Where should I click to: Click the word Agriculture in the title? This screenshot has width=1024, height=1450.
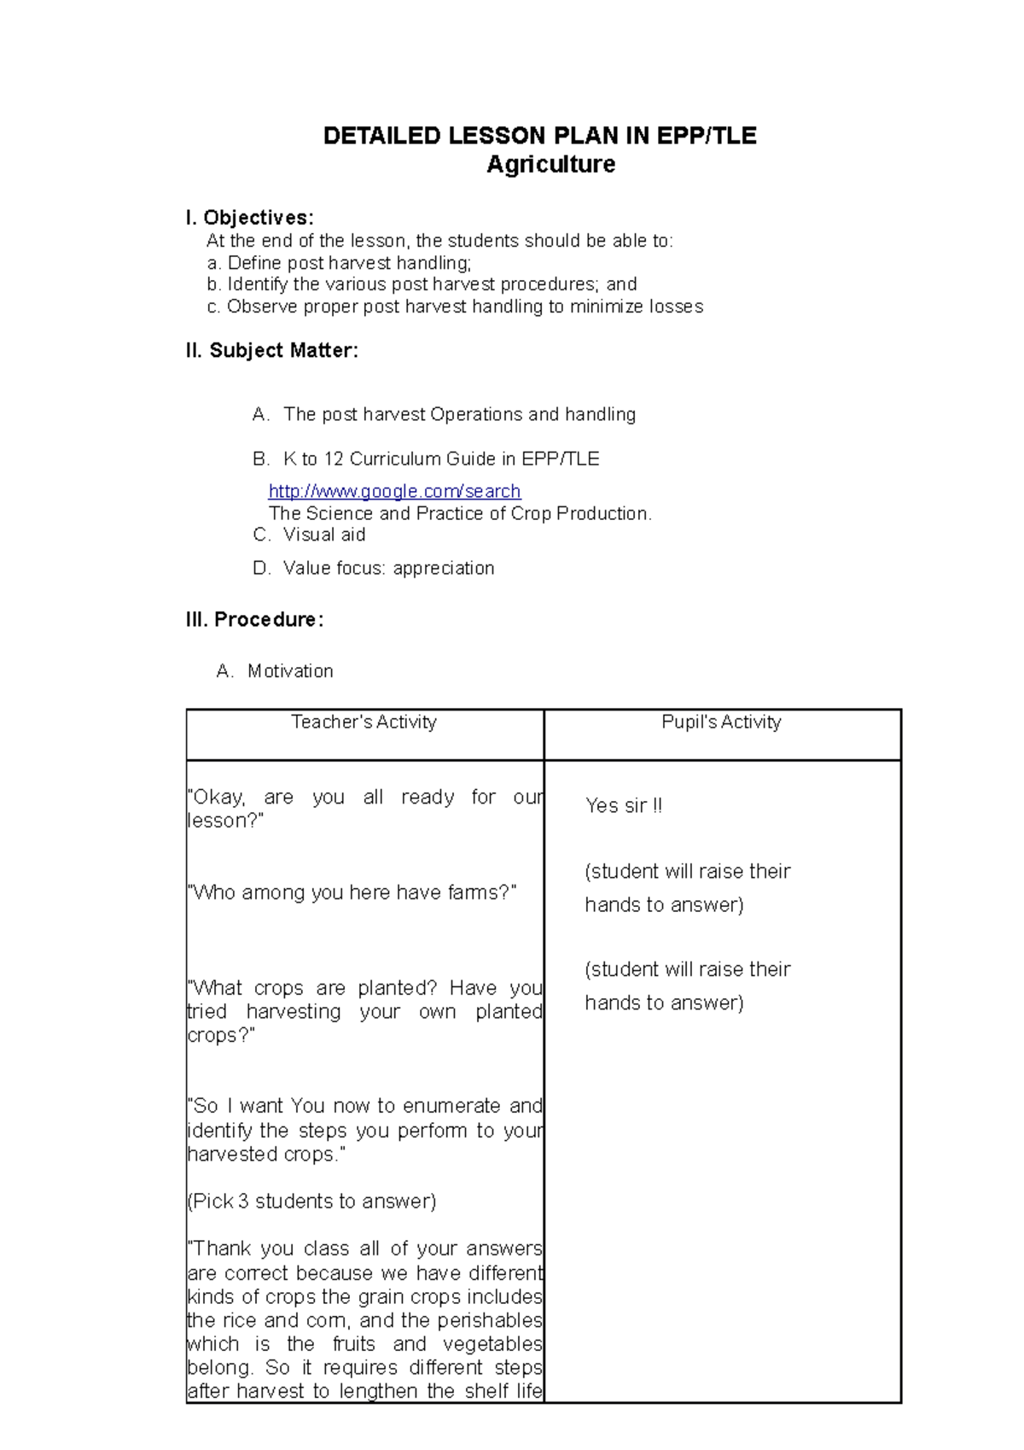click(x=550, y=164)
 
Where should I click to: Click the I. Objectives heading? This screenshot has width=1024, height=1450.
click(x=249, y=218)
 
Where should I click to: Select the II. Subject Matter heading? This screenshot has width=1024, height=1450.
click(x=271, y=350)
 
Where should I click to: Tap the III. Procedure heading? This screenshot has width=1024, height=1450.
click(x=254, y=619)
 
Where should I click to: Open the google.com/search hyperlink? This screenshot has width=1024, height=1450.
click(x=394, y=491)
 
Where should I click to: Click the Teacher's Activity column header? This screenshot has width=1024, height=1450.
click(x=364, y=722)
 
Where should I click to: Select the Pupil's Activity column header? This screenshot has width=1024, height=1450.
click(x=721, y=722)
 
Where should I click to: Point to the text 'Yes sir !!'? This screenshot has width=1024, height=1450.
click(x=623, y=805)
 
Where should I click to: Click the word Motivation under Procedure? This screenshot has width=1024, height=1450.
click(x=290, y=671)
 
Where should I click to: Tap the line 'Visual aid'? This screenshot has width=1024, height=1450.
click(x=323, y=535)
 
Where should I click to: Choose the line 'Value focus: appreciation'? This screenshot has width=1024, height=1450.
click(x=388, y=568)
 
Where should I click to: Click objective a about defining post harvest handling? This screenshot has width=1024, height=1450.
click(x=339, y=263)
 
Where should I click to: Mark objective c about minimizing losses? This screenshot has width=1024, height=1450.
click(x=455, y=307)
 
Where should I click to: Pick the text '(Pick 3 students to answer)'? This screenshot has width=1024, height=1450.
click(x=311, y=1202)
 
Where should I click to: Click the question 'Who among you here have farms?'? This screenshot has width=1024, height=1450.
click(x=352, y=892)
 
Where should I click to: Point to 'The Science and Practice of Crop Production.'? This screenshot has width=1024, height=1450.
click(x=460, y=513)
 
